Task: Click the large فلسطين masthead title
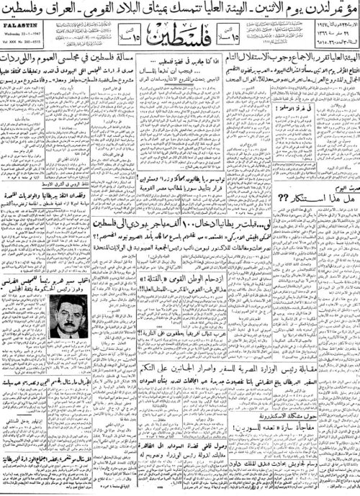179,50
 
